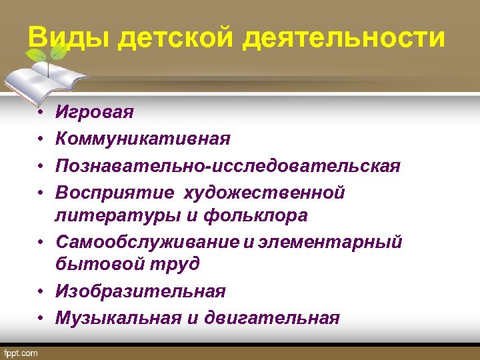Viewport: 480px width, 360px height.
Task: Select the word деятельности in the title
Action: [x=343, y=38]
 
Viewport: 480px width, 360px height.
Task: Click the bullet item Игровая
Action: [x=94, y=111]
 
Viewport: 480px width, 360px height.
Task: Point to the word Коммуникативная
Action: [x=143, y=139]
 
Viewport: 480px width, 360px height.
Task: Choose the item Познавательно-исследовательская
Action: [x=227, y=165]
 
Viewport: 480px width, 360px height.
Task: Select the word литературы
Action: [x=106, y=215]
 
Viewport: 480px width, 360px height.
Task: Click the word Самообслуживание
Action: [x=146, y=242]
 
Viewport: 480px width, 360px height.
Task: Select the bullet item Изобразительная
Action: [x=140, y=291]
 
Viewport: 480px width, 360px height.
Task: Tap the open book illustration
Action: [x=43, y=77]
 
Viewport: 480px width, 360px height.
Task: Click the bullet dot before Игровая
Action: [x=40, y=112]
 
